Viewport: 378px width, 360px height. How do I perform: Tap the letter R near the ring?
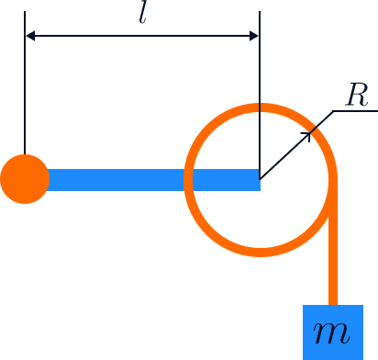click(x=357, y=95)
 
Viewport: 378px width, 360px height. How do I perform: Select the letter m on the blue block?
click(x=331, y=333)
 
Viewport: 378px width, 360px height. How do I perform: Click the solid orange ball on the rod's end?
click(x=25, y=179)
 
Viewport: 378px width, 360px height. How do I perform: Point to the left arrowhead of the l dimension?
click(x=30, y=36)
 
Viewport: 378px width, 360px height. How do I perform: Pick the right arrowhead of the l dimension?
click(x=254, y=36)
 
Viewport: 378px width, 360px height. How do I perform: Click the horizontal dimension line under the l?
click(x=142, y=36)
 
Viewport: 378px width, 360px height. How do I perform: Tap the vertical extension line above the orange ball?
click(x=25, y=83)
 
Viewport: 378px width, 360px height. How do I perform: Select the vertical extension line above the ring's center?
click(x=260, y=95)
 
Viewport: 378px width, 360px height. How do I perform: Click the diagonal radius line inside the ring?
click(x=285, y=155)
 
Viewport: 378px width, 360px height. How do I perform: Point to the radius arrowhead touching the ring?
click(x=307, y=136)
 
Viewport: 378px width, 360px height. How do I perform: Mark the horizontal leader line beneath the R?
click(x=355, y=110)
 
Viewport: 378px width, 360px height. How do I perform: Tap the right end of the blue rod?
click(x=260, y=180)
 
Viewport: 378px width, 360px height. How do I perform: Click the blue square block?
click(x=333, y=332)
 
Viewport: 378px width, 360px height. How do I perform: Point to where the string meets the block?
click(x=333, y=305)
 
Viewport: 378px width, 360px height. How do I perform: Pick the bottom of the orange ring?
click(x=261, y=252)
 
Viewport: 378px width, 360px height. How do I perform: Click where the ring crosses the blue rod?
click(x=188, y=180)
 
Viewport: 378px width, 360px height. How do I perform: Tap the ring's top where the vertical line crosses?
click(x=260, y=108)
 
